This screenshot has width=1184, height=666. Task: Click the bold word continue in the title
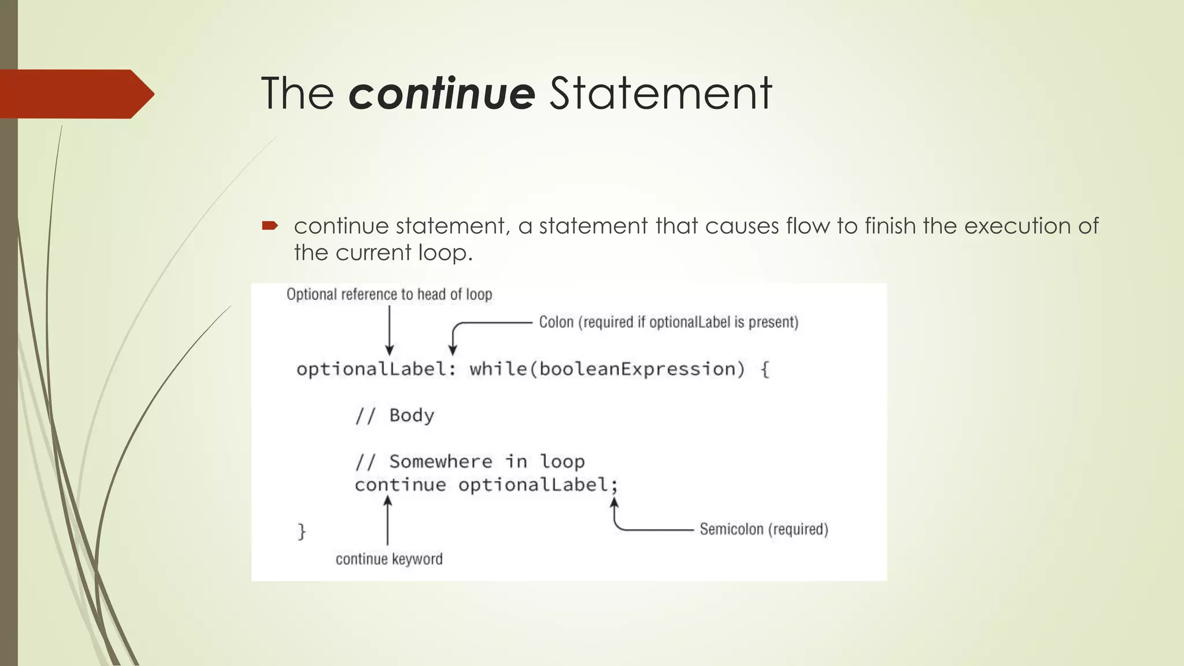[442, 93]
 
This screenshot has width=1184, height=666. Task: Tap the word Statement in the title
[660, 93]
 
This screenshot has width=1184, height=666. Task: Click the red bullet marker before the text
[270, 225]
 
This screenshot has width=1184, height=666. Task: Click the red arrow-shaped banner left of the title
[75, 94]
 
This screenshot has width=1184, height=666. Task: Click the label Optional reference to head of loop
[389, 294]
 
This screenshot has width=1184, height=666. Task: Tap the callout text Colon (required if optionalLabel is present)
[668, 322]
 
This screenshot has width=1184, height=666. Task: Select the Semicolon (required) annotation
[764, 529]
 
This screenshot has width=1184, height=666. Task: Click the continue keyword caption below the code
[389, 559]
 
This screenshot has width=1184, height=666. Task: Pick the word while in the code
[498, 369]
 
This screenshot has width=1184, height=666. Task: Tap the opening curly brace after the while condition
[764, 369]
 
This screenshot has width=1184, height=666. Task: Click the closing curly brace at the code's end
[301, 531]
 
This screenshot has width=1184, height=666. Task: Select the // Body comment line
[394, 415]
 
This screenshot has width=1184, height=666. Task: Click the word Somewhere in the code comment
[441, 461]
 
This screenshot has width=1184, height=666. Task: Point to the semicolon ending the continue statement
[614, 486]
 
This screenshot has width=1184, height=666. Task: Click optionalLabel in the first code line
[371, 369]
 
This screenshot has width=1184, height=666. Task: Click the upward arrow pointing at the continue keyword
[387, 520]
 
